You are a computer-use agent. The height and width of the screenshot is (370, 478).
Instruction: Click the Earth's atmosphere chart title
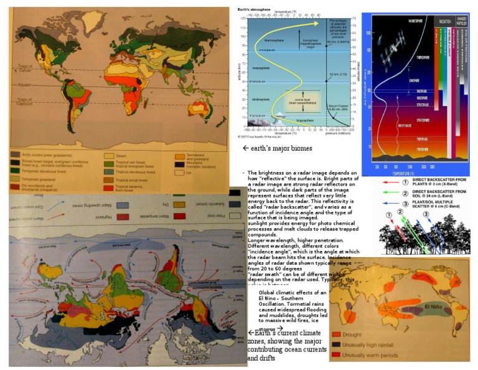[x=254, y=9]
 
